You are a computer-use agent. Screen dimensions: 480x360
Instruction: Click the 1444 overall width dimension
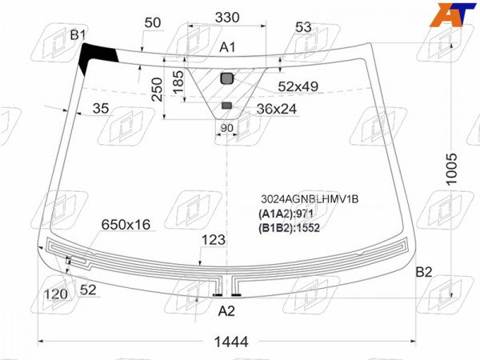click(231, 342)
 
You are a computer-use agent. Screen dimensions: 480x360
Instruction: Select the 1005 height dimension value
click(451, 169)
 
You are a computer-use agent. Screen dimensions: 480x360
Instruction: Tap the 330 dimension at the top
click(227, 18)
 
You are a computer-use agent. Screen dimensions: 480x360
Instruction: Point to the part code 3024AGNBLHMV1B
click(310, 199)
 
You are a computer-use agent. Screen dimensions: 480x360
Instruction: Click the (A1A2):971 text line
click(286, 214)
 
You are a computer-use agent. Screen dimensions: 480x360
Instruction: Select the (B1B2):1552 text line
click(289, 228)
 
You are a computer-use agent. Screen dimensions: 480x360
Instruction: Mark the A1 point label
click(227, 47)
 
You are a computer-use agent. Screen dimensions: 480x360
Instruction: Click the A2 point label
click(226, 311)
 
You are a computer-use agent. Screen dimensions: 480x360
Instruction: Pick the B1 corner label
click(78, 35)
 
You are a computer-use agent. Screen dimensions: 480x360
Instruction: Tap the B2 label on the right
click(424, 272)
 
